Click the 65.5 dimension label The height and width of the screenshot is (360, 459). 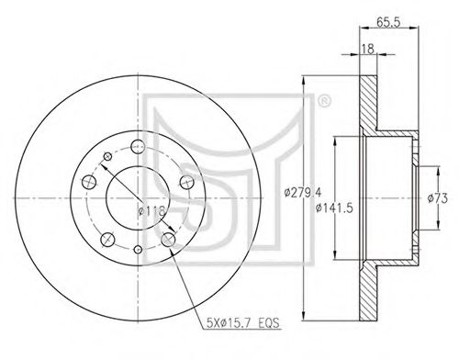point(388,22)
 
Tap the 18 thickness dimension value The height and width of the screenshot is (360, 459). point(367,49)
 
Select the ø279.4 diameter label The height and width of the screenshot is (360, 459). point(302,193)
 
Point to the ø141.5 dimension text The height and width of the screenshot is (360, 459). point(334,208)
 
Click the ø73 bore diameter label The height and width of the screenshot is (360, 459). point(438,198)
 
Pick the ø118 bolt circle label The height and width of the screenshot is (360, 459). point(152,210)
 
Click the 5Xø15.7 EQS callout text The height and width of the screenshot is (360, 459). point(243,323)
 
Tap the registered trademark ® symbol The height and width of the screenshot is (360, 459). point(325,101)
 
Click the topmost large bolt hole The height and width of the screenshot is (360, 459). point(138,146)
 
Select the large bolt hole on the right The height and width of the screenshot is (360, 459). point(186,182)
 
